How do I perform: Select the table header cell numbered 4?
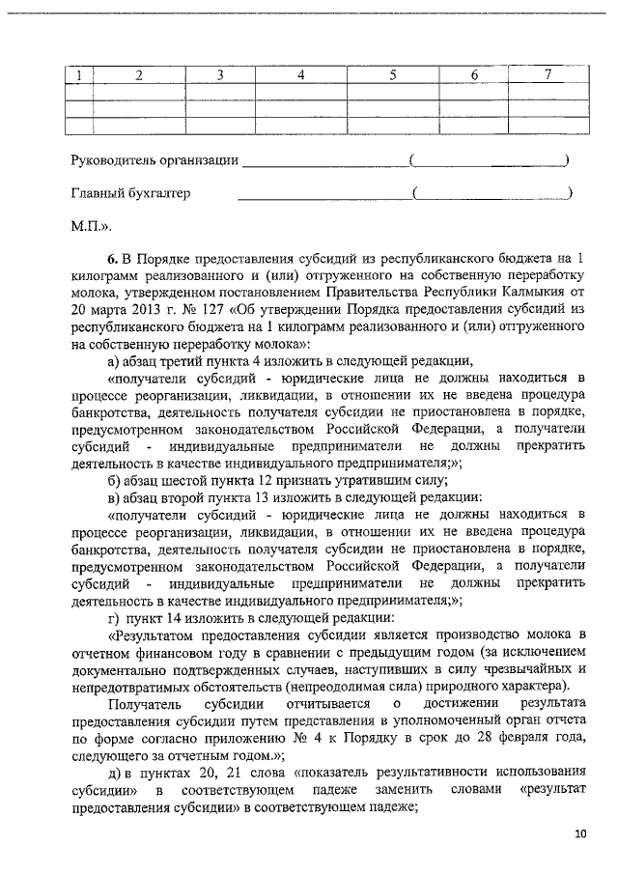coord(300,75)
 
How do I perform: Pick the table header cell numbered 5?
coord(392,75)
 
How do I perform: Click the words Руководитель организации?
coord(154,159)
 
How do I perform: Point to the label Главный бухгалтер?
coord(129,193)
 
